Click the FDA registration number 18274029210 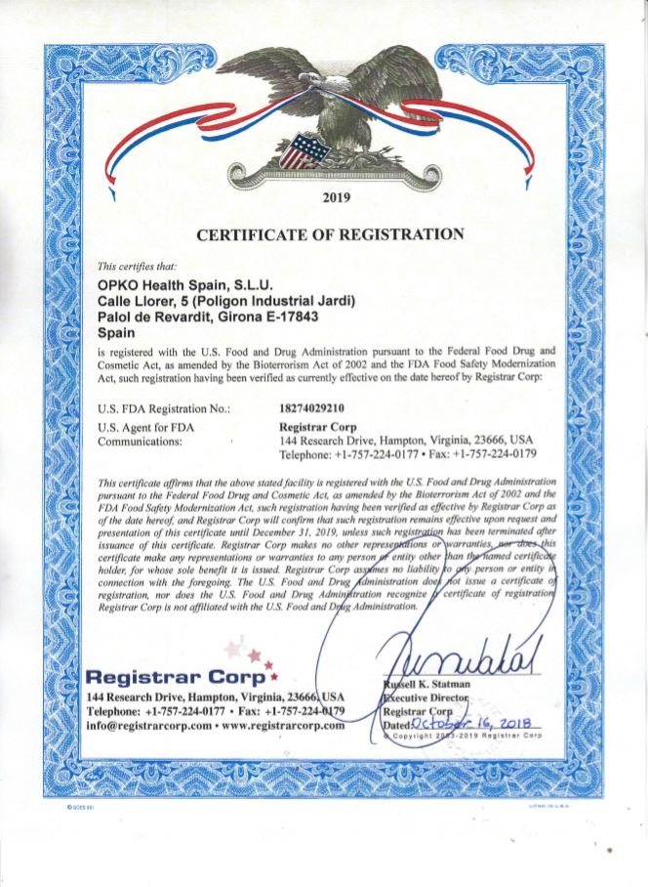(x=306, y=406)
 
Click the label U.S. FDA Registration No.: (x=165, y=407)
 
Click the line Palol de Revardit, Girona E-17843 (x=209, y=317)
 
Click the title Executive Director (x=426, y=699)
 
